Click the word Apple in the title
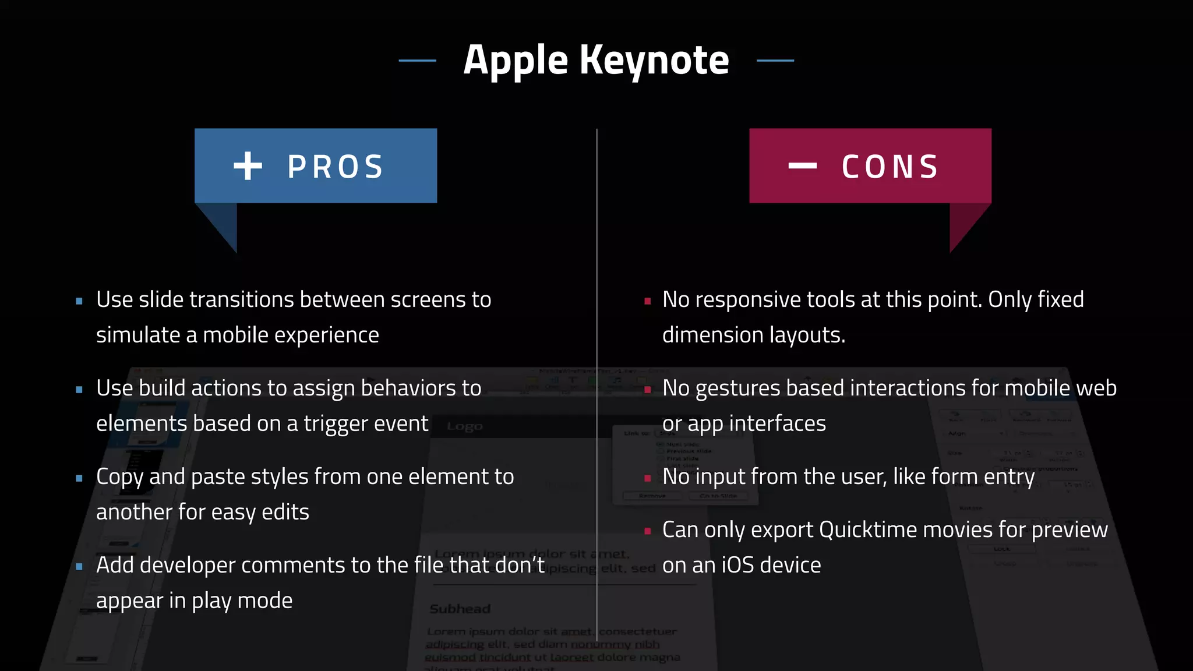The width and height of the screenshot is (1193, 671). point(515,61)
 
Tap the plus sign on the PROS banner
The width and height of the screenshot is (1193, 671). point(248,166)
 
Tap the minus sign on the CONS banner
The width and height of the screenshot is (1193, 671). point(802,166)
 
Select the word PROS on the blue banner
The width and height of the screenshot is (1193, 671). point(336,167)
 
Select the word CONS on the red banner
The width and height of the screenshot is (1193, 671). point(890,167)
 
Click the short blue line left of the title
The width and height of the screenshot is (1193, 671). point(417,61)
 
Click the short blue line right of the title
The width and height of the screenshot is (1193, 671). point(775,61)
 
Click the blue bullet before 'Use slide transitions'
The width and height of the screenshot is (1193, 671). point(79,301)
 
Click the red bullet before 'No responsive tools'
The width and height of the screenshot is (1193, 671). point(647,301)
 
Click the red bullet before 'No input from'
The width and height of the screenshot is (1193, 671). point(647,478)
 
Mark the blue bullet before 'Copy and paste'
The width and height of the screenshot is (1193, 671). point(79,478)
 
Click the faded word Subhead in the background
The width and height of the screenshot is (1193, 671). point(460,609)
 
